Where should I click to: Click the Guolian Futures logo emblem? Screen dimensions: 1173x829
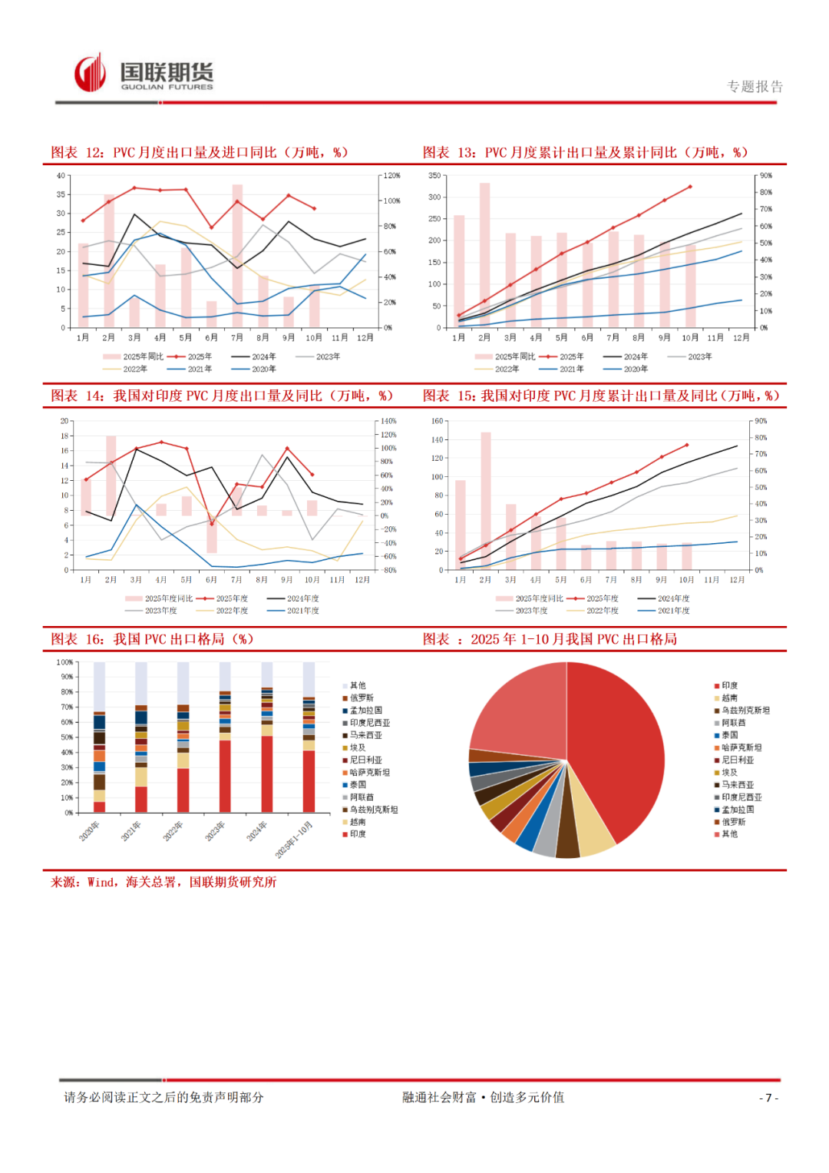pos(90,73)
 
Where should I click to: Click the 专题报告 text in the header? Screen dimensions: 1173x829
pos(755,87)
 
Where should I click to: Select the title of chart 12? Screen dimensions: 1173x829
pos(200,152)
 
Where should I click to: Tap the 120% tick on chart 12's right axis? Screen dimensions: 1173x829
pos(391,176)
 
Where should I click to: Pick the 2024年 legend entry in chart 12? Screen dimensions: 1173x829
pos(253,356)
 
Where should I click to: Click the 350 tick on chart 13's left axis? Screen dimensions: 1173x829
pos(434,176)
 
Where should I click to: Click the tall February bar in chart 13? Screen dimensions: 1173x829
pos(484,253)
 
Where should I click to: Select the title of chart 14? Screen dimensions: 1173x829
pos(222,396)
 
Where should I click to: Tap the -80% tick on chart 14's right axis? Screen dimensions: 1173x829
pos(389,570)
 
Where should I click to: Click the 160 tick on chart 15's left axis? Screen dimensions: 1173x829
pos(437,421)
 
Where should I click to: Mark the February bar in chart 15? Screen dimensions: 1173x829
pos(485,499)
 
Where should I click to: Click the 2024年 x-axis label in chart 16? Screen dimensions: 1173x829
pos(257,830)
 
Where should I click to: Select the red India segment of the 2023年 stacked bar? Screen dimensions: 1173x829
pos(225,776)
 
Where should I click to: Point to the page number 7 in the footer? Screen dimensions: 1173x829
pos(768,1098)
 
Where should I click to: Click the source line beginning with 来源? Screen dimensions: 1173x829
pos(163,882)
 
